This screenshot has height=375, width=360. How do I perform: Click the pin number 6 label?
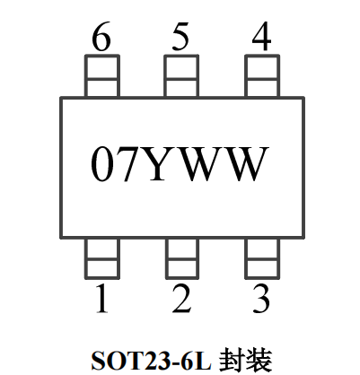(x=101, y=37)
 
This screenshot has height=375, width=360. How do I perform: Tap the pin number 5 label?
(x=180, y=36)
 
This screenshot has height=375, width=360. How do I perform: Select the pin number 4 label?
(x=261, y=36)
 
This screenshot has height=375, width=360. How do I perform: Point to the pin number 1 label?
(x=102, y=299)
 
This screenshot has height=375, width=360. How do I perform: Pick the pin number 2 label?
(x=181, y=299)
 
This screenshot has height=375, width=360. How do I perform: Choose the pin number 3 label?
(x=261, y=299)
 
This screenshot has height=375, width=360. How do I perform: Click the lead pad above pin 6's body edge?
(x=102, y=76)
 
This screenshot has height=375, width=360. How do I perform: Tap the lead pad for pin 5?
(x=181, y=76)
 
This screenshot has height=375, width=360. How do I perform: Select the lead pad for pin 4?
(x=262, y=76)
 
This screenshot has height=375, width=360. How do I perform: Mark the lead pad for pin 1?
(x=102, y=258)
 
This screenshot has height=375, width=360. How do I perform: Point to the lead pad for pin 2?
(x=182, y=258)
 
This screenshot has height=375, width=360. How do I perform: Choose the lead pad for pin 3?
(x=262, y=258)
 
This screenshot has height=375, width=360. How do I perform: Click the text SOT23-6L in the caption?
(x=151, y=360)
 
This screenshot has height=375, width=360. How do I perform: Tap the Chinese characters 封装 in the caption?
(x=246, y=360)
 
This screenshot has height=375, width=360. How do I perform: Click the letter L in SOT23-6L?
(x=204, y=360)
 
